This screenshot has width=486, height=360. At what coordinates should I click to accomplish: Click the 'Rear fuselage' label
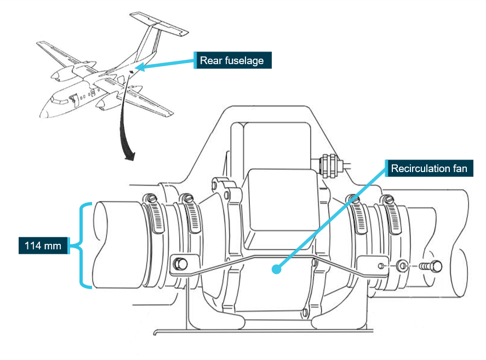pyautogui.click(x=231, y=60)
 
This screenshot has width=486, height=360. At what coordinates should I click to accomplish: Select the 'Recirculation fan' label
pyautogui.click(x=429, y=168)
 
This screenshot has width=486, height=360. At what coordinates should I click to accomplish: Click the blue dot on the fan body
pyautogui.click(x=278, y=269)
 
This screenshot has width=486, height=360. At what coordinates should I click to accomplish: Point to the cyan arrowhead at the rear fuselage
pyautogui.click(x=138, y=68)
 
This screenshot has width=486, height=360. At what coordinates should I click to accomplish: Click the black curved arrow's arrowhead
pyautogui.click(x=129, y=157)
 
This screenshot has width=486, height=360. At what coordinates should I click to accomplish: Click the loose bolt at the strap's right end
pyautogui.click(x=432, y=266)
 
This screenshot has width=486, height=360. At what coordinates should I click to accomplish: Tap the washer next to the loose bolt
pyautogui.click(x=403, y=266)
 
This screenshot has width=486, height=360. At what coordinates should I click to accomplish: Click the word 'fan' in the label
pyautogui.click(x=459, y=168)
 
